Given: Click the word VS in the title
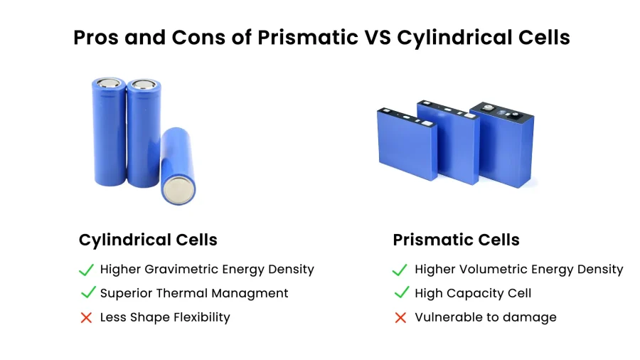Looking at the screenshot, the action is click(378, 38).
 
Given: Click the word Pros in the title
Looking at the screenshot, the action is click(96, 38).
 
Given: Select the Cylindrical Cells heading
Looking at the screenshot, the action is click(148, 240).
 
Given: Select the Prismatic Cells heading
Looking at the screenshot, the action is click(456, 240).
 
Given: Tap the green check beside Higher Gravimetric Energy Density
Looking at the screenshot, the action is click(86, 270).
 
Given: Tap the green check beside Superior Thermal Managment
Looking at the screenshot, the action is click(88, 292).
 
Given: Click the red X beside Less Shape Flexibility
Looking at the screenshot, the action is click(86, 317).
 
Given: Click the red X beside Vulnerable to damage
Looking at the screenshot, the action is click(401, 317).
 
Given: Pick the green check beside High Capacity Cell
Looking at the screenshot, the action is click(402, 292).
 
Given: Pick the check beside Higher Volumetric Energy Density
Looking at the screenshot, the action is click(400, 270).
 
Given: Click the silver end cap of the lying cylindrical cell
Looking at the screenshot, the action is click(178, 191).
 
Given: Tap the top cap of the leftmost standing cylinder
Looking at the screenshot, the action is click(108, 83).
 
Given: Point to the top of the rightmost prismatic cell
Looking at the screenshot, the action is click(501, 111).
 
